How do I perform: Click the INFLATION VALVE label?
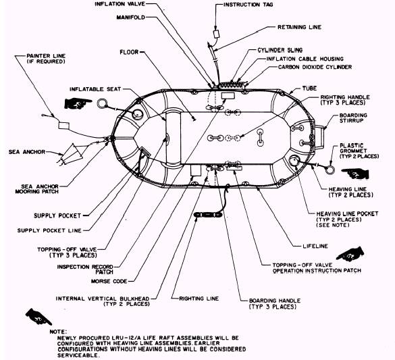pos(120,4)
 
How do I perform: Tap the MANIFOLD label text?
pos(131,18)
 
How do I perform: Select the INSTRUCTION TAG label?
pos(248,5)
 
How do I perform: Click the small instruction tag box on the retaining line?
pos(217,34)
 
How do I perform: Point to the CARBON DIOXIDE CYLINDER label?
pos(315,67)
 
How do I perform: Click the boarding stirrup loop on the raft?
pos(319,138)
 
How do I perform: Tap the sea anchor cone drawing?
pos(72,155)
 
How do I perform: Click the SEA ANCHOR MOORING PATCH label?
pos(37,189)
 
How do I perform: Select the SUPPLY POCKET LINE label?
pos(49,230)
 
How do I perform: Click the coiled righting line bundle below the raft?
pos(208,215)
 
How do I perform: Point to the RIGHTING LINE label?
pos(199,299)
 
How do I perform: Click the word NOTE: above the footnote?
pos(59,332)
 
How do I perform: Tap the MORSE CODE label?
pos(109,281)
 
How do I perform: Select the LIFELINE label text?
pos(315,246)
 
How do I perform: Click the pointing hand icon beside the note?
pos(38,317)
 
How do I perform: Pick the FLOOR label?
pos(129,52)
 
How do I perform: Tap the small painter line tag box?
pos(63,125)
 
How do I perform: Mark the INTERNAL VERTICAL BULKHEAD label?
pos(103,301)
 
